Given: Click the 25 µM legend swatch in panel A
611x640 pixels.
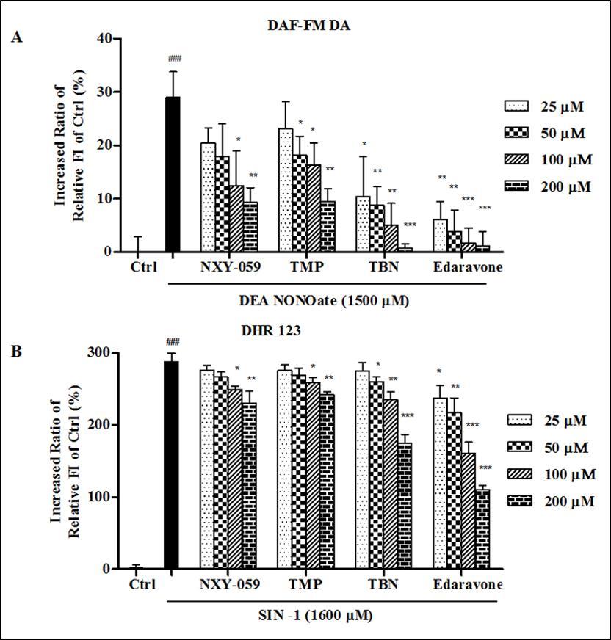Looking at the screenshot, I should point(517,107).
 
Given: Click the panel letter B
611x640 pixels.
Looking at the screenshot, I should point(17,351).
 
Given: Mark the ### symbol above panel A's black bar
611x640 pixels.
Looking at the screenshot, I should point(174,59).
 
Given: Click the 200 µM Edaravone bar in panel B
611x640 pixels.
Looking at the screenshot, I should point(482,529).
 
